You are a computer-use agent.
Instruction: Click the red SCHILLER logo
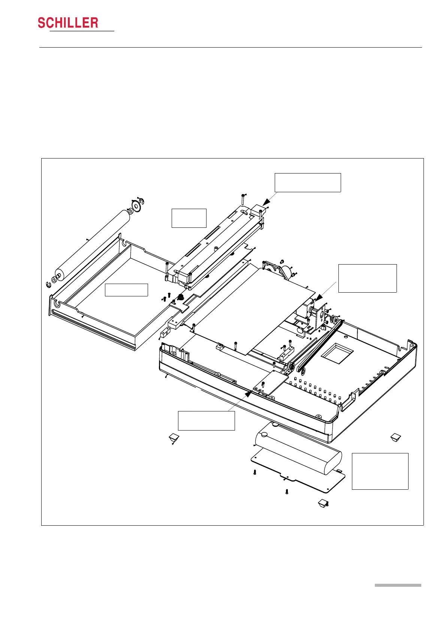point(68,23)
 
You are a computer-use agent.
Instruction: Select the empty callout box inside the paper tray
point(126,290)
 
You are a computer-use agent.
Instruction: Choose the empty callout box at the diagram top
point(308,182)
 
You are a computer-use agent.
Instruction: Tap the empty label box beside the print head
point(189,218)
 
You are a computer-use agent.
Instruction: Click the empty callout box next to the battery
point(380,471)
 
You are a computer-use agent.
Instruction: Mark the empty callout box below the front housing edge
point(206,420)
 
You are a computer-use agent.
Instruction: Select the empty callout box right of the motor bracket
point(367,278)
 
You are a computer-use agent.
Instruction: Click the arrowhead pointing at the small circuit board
point(248,393)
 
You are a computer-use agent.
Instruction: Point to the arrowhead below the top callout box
point(267,202)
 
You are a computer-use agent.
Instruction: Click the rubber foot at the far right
point(395,437)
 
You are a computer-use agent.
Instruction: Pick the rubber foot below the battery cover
point(323,502)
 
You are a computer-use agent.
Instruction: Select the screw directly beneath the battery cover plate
point(287,492)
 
